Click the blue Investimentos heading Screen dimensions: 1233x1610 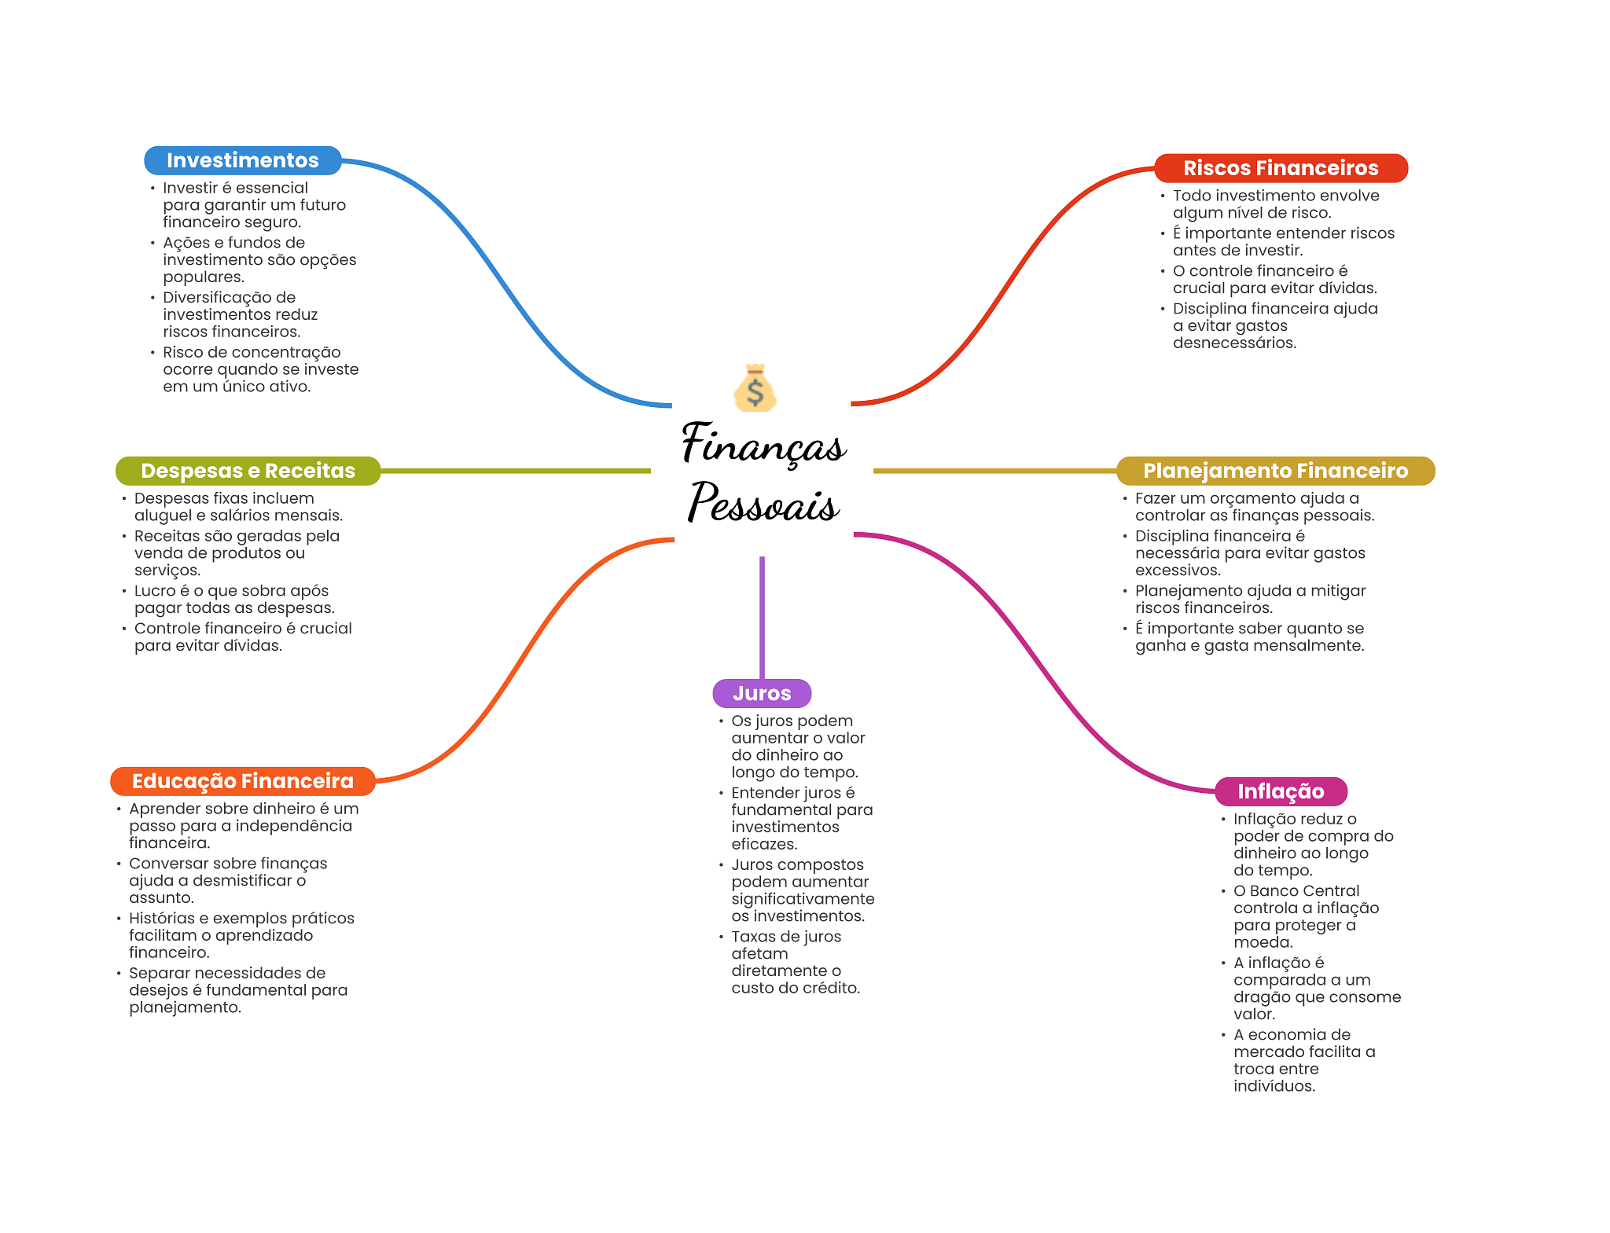(x=242, y=160)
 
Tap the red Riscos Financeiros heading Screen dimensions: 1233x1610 (x=1280, y=168)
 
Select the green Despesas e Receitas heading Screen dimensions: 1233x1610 (x=248, y=471)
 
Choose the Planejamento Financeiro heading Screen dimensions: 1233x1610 (x=1274, y=471)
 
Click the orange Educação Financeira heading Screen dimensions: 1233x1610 (x=242, y=781)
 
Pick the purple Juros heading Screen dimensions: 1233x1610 (x=762, y=693)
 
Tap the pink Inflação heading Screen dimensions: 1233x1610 (x=1281, y=791)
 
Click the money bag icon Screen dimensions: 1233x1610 (x=755, y=388)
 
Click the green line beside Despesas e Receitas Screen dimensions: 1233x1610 (x=515, y=471)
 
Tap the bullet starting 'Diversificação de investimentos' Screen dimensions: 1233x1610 (x=240, y=314)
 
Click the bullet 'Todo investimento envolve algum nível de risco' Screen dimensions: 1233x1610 (x=1275, y=204)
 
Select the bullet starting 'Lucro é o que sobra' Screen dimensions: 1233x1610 (x=233, y=600)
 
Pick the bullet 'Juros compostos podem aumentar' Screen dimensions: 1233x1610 (x=802, y=890)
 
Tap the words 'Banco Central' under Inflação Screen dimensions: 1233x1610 (x=1304, y=891)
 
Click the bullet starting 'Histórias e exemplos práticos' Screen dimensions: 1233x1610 (x=241, y=935)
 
